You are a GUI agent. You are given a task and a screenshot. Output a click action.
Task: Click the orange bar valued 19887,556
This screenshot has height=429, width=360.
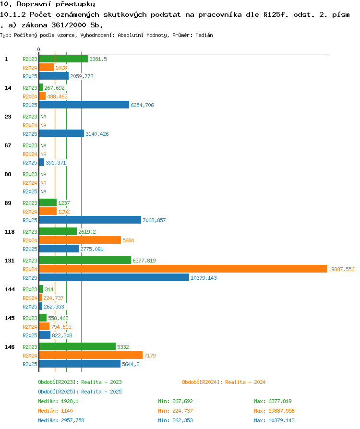click(x=183, y=269)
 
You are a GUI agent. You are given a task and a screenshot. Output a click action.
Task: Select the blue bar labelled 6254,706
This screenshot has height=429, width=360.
click(x=84, y=105)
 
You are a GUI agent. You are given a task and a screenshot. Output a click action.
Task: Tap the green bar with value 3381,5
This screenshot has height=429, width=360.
click(x=63, y=59)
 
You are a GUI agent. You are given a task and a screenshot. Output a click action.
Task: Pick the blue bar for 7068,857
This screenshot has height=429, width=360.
click(x=90, y=220)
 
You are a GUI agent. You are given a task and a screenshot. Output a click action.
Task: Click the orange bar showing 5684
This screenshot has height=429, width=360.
click(x=80, y=240)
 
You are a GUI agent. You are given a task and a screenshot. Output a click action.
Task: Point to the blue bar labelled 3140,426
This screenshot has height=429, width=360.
click(x=61, y=133)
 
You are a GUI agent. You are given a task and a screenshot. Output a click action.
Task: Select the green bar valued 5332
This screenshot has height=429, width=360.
click(x=77, y=346)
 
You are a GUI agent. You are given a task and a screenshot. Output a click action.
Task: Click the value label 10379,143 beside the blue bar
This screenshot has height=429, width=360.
click(x=204, y=278)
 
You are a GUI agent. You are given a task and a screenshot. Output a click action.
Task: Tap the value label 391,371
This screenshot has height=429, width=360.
click(x=56, y=163)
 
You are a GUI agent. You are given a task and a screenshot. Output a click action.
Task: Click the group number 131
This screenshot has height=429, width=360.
click(x=9, y=261)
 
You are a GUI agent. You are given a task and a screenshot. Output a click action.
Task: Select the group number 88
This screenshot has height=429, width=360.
click(x=8, y=174)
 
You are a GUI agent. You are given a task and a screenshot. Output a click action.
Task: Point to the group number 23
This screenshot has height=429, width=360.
click(x=8, y=117)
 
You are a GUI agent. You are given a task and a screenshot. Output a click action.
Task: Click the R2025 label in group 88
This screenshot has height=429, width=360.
click(x=30, y=191)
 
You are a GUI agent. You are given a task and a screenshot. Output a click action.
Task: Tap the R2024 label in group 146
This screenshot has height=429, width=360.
click(x=30, y=356)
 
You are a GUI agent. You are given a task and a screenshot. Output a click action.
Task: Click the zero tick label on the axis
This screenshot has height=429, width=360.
click(x=38, y=49)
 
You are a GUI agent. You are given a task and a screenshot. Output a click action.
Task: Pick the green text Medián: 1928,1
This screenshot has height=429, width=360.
click(x=58, y=401)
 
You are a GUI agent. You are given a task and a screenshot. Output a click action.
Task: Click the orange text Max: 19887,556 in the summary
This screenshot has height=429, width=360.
click(x=274, y=411)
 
